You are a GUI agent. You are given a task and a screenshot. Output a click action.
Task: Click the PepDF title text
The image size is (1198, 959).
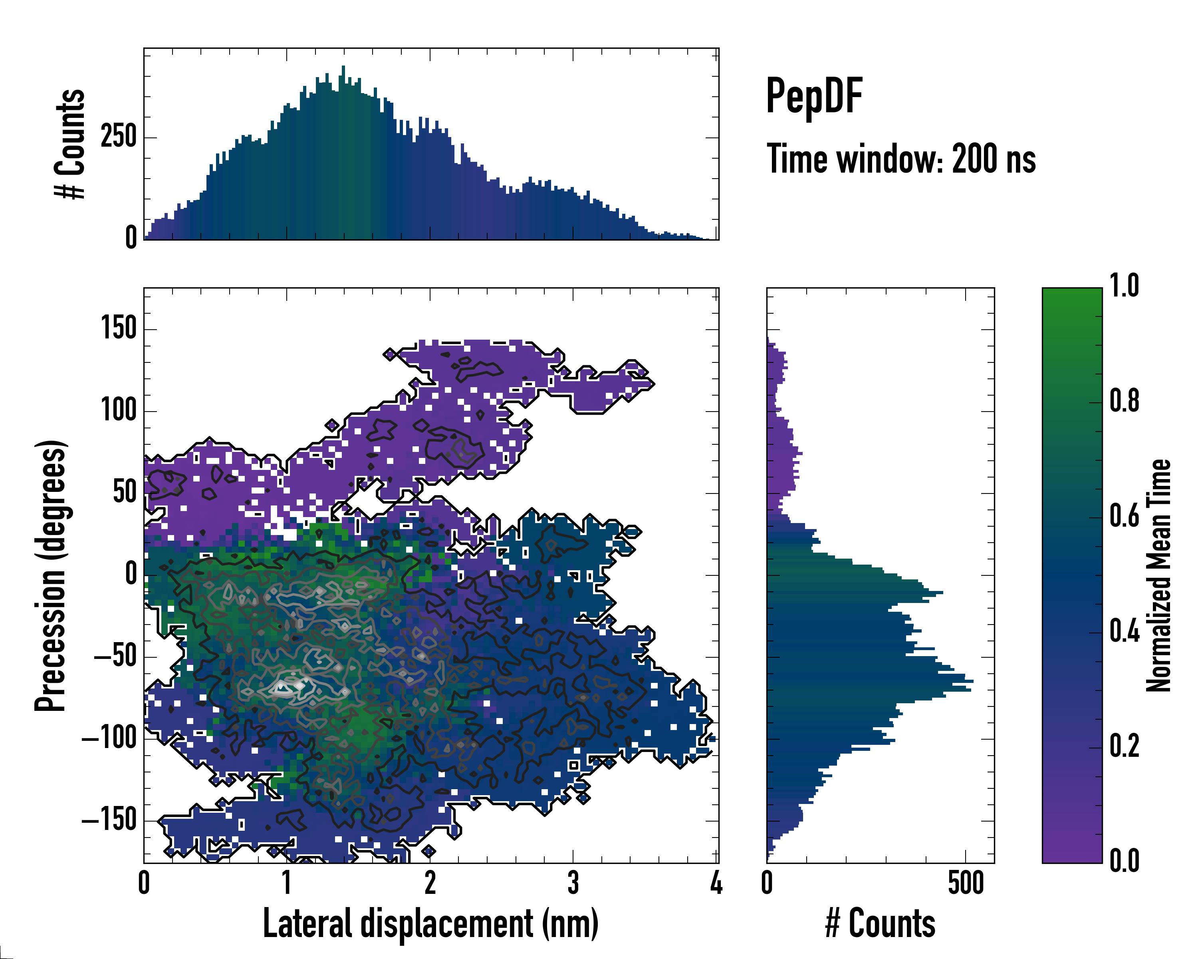click(x=814, y=97)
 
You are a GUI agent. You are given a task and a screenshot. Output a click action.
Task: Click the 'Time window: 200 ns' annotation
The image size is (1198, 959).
click(x=901, y=159)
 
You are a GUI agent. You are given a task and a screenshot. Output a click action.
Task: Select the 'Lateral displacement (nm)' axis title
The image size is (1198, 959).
click(x=430, y=923)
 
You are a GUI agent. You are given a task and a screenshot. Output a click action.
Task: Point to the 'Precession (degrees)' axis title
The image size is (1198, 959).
click(x=51, y=575)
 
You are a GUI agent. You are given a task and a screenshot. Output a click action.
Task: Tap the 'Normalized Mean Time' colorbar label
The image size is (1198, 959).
click(x=1158, y=575)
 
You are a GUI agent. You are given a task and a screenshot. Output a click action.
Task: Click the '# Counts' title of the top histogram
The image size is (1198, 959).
click(x=71, y=144)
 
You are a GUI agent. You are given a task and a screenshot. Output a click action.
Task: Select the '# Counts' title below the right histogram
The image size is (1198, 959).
click(x=880, y=923)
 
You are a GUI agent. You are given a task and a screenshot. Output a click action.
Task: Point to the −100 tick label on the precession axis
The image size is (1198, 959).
click(x=109, y=739)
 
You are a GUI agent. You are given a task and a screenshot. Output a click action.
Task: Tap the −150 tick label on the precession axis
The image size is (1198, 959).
click(x=109, y=821)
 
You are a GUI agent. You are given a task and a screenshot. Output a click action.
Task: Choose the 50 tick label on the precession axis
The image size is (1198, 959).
click(x=125, y=493)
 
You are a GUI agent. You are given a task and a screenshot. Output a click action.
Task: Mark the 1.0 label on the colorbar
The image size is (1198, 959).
click(x=1124, y=286)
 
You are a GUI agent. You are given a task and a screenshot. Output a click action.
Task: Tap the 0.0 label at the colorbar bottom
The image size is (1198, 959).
click(x=1124, y=861)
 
